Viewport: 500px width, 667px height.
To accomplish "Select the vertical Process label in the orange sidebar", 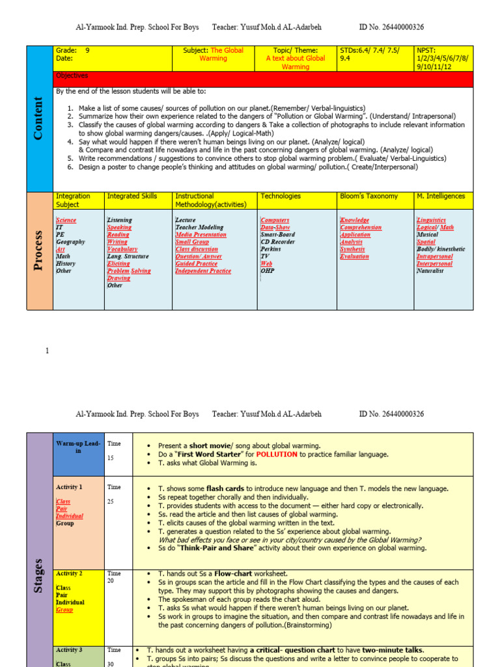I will [38, 251].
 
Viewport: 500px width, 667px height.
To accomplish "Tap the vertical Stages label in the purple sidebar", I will [38, 575].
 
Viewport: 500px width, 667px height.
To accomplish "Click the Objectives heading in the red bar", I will [72, 76].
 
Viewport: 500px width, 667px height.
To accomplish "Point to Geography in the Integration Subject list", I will [70, 242].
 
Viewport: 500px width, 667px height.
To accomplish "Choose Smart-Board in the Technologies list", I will [277, 234].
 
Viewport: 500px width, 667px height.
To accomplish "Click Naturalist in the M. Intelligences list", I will [430, 270].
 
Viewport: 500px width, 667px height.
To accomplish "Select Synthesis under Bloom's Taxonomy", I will [352, 249].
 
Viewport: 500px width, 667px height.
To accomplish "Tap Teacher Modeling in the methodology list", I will [201, 227].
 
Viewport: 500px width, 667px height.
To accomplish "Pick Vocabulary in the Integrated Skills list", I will [122, 249].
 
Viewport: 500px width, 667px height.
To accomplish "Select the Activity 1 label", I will [69, 487].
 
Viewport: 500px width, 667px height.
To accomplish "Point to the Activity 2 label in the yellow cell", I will [69, 573].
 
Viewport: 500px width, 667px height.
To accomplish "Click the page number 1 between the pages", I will [47, 351].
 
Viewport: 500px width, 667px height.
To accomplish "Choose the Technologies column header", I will [281, 196].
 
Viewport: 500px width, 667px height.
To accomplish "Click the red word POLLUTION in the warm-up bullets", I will [277, 454].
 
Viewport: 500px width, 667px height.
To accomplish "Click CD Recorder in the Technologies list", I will [278, 242].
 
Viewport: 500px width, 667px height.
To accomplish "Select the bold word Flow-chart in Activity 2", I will [235, 573].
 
